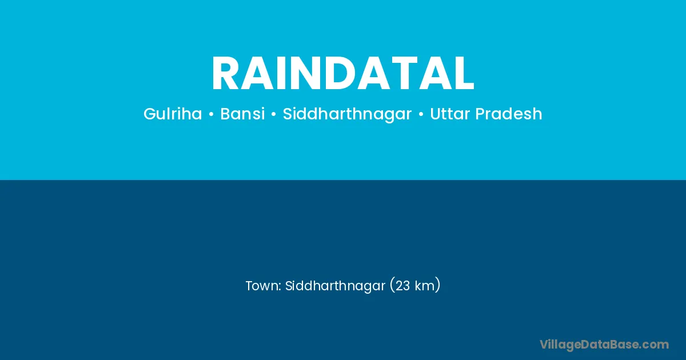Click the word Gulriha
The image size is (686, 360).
click(x=173, y=114)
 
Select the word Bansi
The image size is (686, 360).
click(x=242, y=114)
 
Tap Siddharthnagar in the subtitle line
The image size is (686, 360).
click(x=348, y=114)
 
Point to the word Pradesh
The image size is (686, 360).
click(x=509, y=114)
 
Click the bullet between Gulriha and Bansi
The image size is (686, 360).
click(x=211, y=114)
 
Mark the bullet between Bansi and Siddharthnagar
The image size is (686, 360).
click(x=273, y=114)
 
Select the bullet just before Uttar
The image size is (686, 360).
click(x=421, y=114)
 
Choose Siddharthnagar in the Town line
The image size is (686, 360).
click(x=335, y=286)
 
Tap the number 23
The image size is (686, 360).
click(x=402, y=286)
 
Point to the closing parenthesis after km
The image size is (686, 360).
click(x=438, y=285)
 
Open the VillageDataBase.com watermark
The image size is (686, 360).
click(x=604, y=345)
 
